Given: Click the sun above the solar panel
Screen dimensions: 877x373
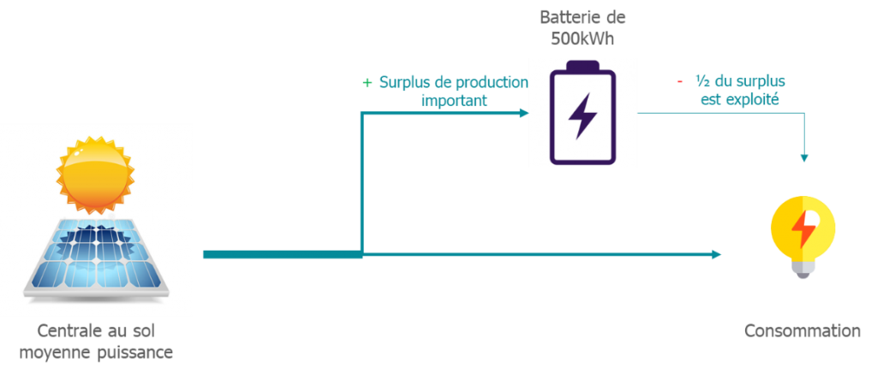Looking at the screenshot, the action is [96, 175].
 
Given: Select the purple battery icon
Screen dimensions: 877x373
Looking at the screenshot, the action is [582, 112].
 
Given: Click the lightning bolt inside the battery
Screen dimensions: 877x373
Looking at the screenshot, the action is [582, 116].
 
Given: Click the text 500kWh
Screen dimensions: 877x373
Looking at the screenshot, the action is [582, 39].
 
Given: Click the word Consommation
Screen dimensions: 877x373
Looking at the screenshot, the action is [802, 330].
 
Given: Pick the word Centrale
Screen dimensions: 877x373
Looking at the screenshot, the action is [62, 330].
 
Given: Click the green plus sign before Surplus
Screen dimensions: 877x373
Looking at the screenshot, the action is [367, 83].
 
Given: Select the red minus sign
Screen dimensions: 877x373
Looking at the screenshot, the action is [679, 81].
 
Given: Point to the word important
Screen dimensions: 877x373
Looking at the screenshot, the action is [454, 101].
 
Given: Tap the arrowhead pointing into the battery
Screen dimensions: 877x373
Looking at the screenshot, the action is [524, 113].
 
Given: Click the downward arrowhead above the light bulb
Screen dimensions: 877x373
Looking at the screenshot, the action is [803, 158].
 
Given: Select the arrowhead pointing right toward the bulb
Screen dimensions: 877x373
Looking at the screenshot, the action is [717, 255].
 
